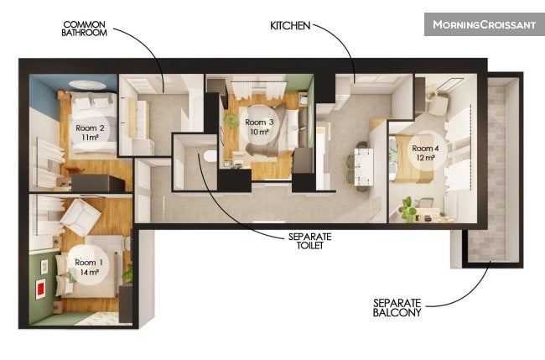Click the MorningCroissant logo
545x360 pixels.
click(x=484, y=24)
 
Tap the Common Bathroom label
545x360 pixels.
click(x=84, y=29)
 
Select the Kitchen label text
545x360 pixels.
click(x=290, y=25)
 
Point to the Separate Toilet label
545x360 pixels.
click(x=309, y=241)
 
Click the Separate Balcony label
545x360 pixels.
click(x=397, y=308)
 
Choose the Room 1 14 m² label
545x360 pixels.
click(x=89, y=267)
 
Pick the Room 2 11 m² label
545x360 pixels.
click(x=90, y=133)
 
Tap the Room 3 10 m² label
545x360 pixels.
click(x=259, y=127)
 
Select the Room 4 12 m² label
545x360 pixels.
click(x=425, y=153)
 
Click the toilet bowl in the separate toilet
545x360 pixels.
click(x=210, y=156)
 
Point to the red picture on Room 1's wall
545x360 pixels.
click(x=41, y=289)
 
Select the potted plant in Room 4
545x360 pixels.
click(x=407, y=208)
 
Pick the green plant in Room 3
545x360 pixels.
click(x=231, y=120)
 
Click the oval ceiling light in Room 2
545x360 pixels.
click(x=87, y=85)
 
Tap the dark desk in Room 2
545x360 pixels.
click(x=98, y=183)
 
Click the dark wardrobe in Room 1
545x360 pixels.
click(x=126, y=303)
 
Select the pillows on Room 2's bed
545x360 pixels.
click(x=92, y=102)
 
